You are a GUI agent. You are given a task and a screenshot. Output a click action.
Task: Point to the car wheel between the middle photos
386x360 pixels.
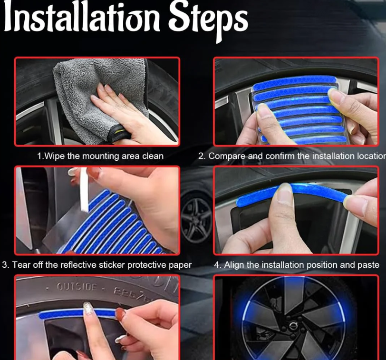[x=196, y=222]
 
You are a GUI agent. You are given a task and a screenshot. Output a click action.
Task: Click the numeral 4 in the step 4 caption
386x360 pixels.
[x=217, y=264]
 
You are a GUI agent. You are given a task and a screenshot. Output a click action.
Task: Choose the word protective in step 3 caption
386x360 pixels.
[x=142, y=264]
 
